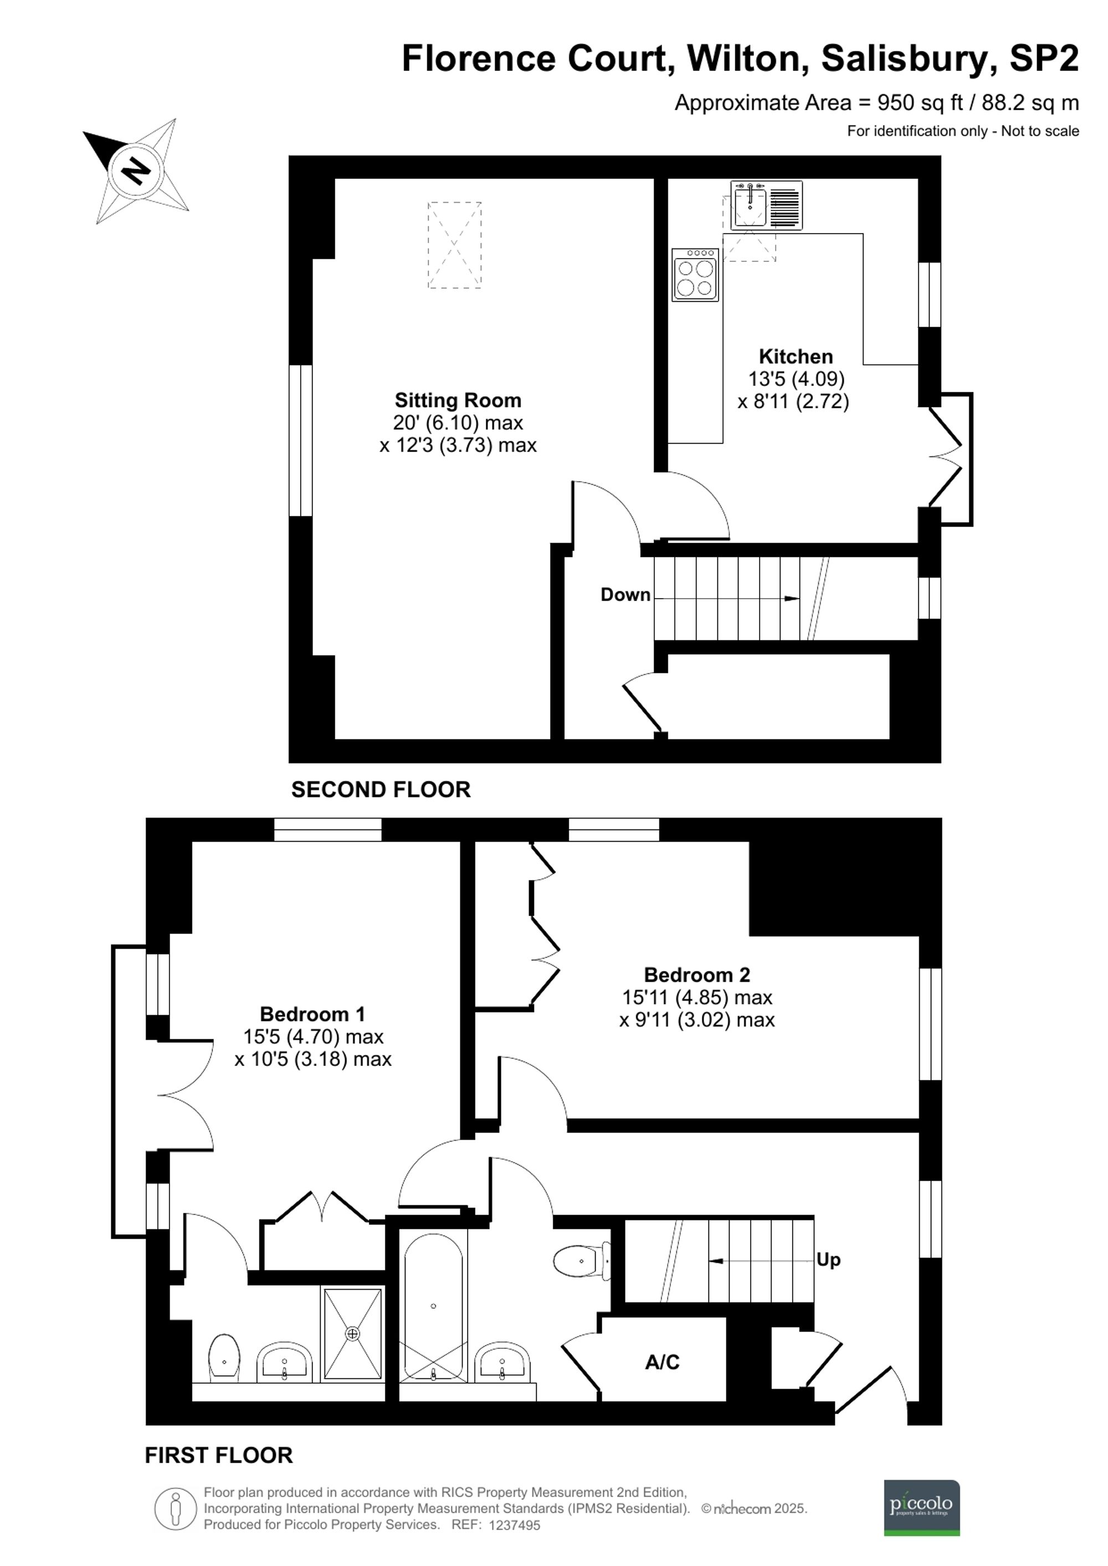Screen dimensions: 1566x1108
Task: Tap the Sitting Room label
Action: tap(458, 400)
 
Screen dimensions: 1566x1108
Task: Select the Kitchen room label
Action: tap(796, 357)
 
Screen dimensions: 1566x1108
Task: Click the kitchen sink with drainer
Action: tap(766, 205)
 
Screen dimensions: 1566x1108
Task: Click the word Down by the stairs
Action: tap(625, 595)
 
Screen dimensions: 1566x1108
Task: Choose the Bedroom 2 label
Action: tap(696, 975)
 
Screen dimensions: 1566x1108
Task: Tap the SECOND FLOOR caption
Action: tap(381, 789)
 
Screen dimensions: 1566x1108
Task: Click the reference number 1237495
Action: tap(515, 1526)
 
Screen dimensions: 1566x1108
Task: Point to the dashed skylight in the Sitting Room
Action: tap(454, 245)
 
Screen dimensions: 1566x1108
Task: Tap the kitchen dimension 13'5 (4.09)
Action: tap(796, 379)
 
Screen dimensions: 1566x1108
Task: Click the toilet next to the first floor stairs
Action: tap(581, 1260)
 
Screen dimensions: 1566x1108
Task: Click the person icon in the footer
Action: tap(176, 1509)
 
